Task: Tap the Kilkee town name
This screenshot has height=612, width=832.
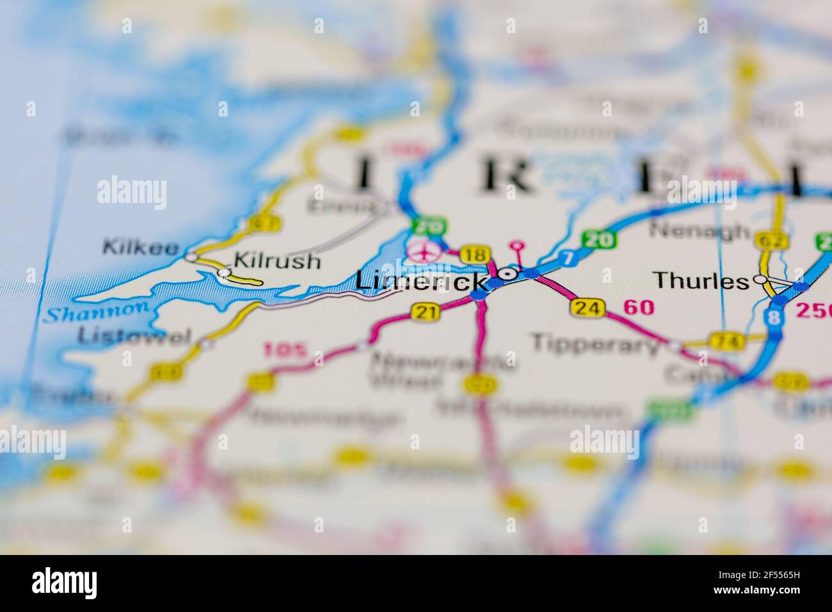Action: pyautogui.click(x=140, y=246)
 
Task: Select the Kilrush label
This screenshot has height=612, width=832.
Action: pyautogui.click(x=277, y=261)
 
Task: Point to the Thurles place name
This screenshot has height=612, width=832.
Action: pyautogui.click(x=701, y=280)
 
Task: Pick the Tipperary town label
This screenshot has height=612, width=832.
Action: pyautogui.click(x=596, y=344)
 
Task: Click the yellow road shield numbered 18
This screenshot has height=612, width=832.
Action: pyautogui.click(x=474, y=254)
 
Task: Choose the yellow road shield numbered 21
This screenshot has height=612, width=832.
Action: pyautogui.click(x=426, y=312)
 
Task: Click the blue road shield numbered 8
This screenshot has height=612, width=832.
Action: pyautogui.click(x=776, y=318)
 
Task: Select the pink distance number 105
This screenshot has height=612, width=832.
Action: pyautogui.click(x=285, y=350)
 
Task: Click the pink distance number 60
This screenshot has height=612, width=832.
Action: pyautogui.click(x=639, y=308)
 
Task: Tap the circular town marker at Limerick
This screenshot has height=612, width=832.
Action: pyautogui.click(x=509, y=274)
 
